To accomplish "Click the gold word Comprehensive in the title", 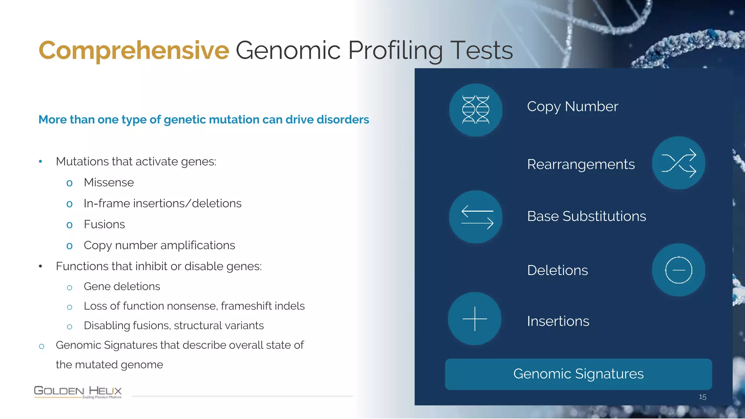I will [134, 50].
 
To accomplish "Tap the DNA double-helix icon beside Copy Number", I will [475, 110].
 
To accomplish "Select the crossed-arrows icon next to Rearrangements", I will [678, 163].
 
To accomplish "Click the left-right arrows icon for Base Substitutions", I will [475, 217].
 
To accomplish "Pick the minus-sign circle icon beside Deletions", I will [678, 270].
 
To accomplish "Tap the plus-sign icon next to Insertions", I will [474, 319].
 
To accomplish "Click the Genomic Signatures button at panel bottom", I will [578, 374].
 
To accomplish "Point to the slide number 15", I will [702, 397].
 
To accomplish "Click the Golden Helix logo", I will [78, 392].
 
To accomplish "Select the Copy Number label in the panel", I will [572, 107].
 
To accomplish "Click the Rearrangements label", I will [581, 164].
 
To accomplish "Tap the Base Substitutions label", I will [586, 216].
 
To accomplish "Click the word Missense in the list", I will [109, 182].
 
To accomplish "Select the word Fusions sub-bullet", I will [104, 224].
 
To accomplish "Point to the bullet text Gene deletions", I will [122, 287].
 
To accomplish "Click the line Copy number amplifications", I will [159, 246].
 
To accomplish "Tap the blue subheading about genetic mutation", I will [204, 120].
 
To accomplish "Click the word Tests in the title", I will [481, 50].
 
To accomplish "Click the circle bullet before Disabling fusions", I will [69, 327].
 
